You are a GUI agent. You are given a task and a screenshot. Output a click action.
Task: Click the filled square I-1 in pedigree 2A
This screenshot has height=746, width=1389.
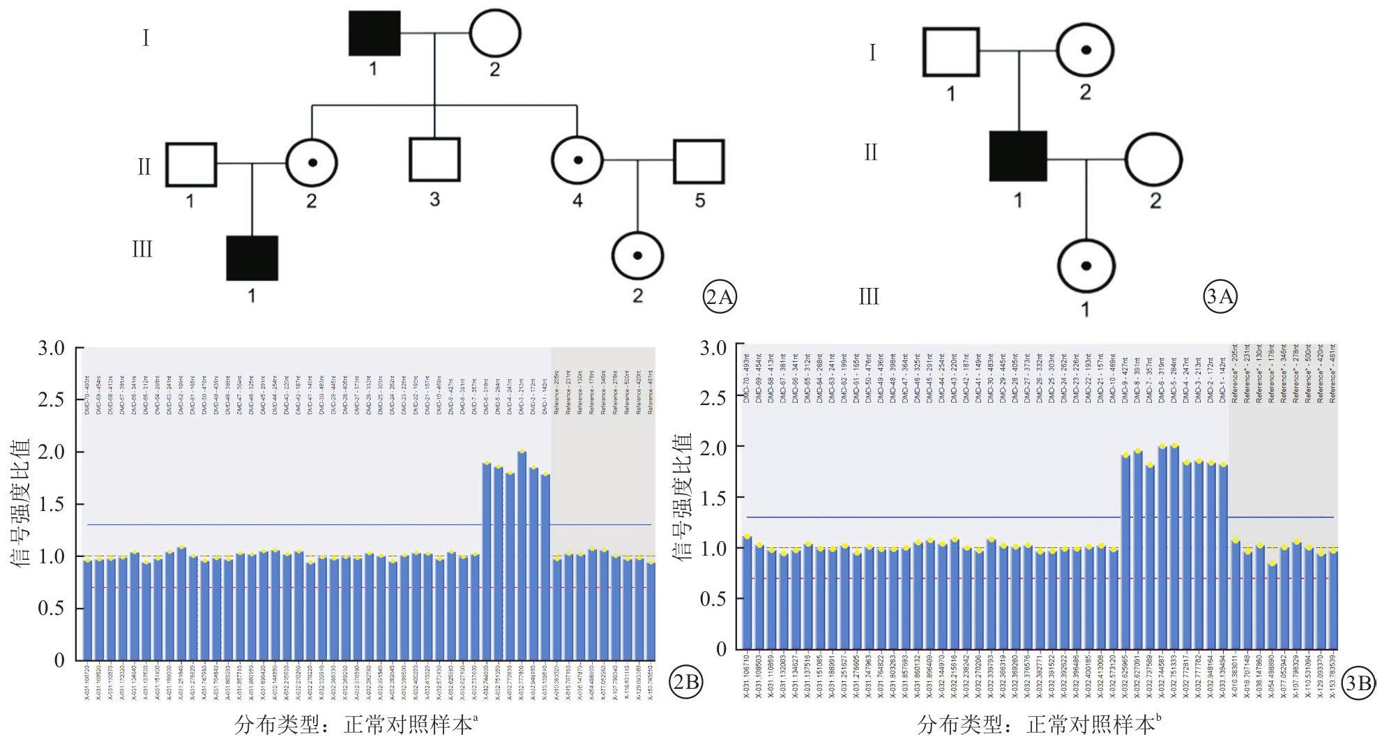click(x=374, y=33)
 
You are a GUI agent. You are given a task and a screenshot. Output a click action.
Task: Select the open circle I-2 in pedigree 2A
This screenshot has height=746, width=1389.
click(x=494, y=33)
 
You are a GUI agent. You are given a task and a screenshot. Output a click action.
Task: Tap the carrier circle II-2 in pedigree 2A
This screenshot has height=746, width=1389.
click(x=312, y=163)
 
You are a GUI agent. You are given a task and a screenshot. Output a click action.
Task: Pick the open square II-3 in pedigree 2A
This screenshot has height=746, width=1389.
click(x=434, y=160)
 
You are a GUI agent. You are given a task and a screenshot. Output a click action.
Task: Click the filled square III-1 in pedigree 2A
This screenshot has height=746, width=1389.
click(x=252, y=258)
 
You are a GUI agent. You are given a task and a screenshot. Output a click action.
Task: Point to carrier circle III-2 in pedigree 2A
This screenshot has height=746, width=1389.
click(x=637, y=256)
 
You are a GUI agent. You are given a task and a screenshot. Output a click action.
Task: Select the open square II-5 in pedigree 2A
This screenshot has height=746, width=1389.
click(x=699, y=162)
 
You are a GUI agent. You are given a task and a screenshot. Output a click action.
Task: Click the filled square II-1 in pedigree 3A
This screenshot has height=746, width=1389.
click(x=1018, y=156)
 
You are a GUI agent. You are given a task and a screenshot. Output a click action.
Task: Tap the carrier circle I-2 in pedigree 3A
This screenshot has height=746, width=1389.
click(x=1085, y=51)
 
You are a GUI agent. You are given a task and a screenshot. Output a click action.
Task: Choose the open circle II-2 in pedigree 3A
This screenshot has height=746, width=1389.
click(x=1153, y=160)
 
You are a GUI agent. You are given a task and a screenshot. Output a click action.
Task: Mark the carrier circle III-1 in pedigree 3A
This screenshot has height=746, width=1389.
click(x=1086, y=266)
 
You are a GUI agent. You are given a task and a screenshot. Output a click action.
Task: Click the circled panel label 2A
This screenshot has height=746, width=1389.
click(x=719, y=297)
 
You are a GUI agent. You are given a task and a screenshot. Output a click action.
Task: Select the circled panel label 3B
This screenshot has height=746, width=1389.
click(x=1358, y=683)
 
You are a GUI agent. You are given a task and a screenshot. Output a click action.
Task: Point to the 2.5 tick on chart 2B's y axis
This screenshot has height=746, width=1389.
click(x=52, y=400)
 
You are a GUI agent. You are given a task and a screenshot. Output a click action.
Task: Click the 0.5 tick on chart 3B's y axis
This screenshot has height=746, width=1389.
click(x=713, y=599)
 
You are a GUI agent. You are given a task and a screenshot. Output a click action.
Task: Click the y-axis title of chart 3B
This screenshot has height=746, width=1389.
click(x=683, y=496)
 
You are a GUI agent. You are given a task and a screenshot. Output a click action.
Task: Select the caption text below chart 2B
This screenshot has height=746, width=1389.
click(x=356, y=725)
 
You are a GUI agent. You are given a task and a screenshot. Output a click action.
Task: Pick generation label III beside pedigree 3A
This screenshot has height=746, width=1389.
click(x=869, y=297)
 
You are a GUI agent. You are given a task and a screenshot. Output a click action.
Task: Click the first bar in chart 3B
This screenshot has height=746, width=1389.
click(x=747, y=593)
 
